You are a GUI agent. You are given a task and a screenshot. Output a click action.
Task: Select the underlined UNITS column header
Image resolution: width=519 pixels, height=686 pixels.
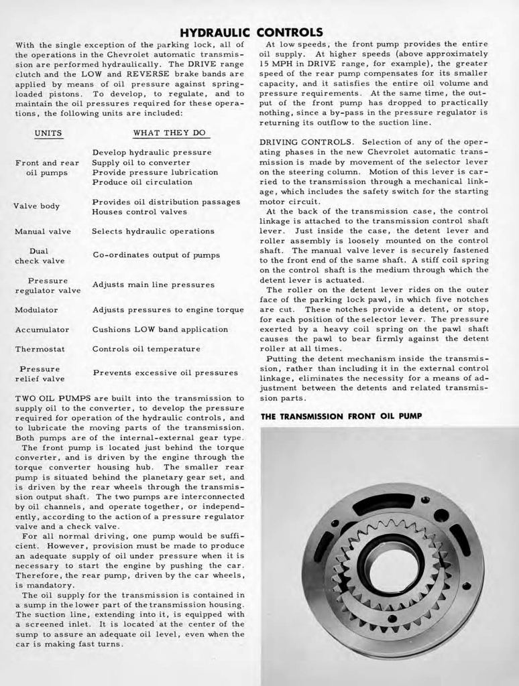point(48,133)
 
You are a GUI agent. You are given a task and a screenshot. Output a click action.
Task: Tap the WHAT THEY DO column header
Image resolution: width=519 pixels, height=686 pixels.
point(169,133)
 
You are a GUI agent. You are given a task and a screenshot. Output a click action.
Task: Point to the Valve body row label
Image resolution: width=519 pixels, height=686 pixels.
point(37,206)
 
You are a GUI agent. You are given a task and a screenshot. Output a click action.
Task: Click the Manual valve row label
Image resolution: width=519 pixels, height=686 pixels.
point(43,231)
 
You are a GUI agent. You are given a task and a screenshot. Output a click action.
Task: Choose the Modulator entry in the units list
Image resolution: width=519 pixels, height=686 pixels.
point(36,310)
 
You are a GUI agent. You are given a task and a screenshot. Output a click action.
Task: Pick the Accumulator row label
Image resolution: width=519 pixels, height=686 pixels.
point(42,330)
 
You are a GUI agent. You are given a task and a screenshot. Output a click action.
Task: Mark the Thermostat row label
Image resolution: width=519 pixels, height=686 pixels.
point(40,349)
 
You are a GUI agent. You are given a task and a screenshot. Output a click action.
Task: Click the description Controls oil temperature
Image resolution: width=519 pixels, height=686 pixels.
point(146,349)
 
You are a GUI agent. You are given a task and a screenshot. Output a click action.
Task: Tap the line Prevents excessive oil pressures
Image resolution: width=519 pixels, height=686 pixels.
point(164,372)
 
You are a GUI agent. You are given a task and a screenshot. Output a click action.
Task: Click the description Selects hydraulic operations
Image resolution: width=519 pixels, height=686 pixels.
point(153,231)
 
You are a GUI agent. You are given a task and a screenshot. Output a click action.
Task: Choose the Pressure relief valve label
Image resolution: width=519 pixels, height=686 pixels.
point(40,374)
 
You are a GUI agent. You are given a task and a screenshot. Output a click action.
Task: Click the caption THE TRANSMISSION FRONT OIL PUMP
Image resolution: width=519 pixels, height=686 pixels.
point(341,416)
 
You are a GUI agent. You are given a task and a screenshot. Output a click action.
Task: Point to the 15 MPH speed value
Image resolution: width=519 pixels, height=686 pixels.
point(274,63)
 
